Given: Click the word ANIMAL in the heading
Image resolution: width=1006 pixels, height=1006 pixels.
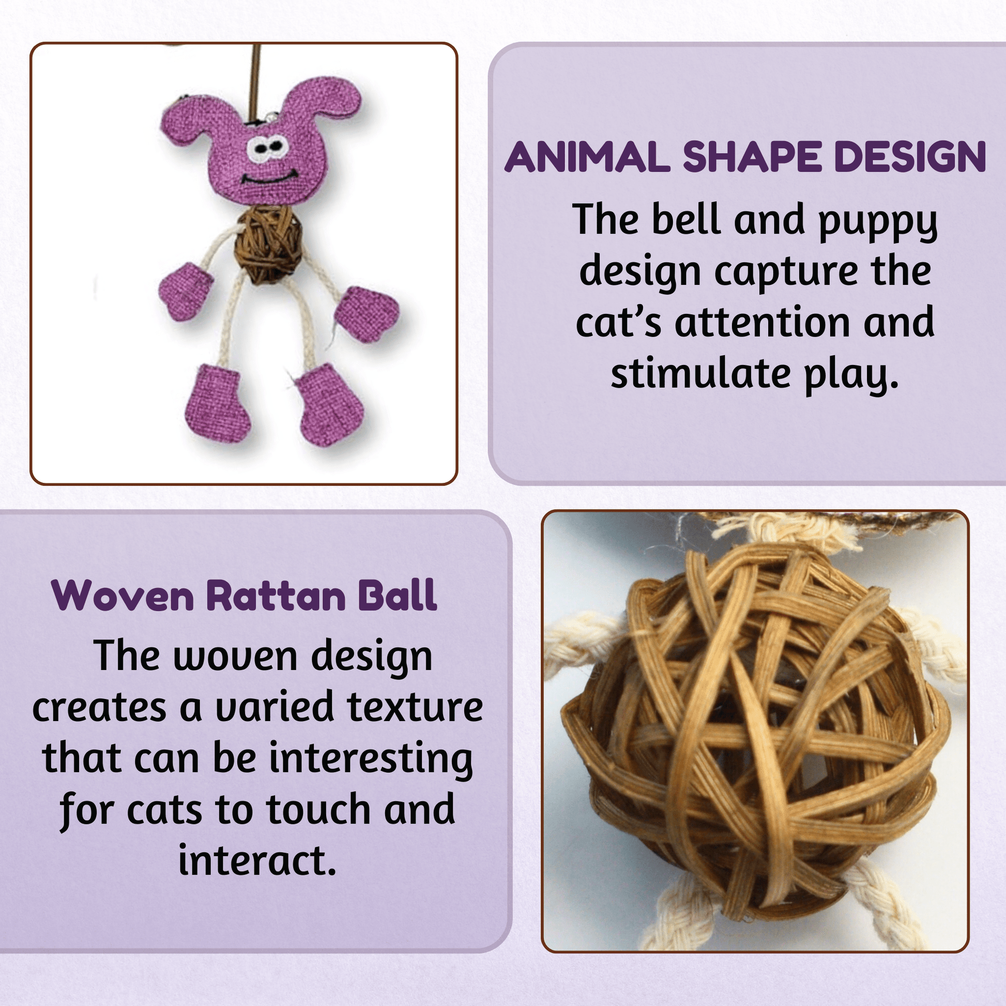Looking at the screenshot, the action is point(587,156).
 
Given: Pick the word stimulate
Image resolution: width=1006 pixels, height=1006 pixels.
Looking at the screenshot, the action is point(701,373).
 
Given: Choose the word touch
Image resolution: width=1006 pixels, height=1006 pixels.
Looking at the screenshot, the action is point(319,809).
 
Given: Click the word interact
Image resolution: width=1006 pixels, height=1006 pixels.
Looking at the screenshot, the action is point(257,860).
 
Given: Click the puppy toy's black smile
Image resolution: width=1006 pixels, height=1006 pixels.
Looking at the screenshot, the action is point(269,177).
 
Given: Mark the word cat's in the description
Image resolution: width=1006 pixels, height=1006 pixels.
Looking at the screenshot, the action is point(619,322).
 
